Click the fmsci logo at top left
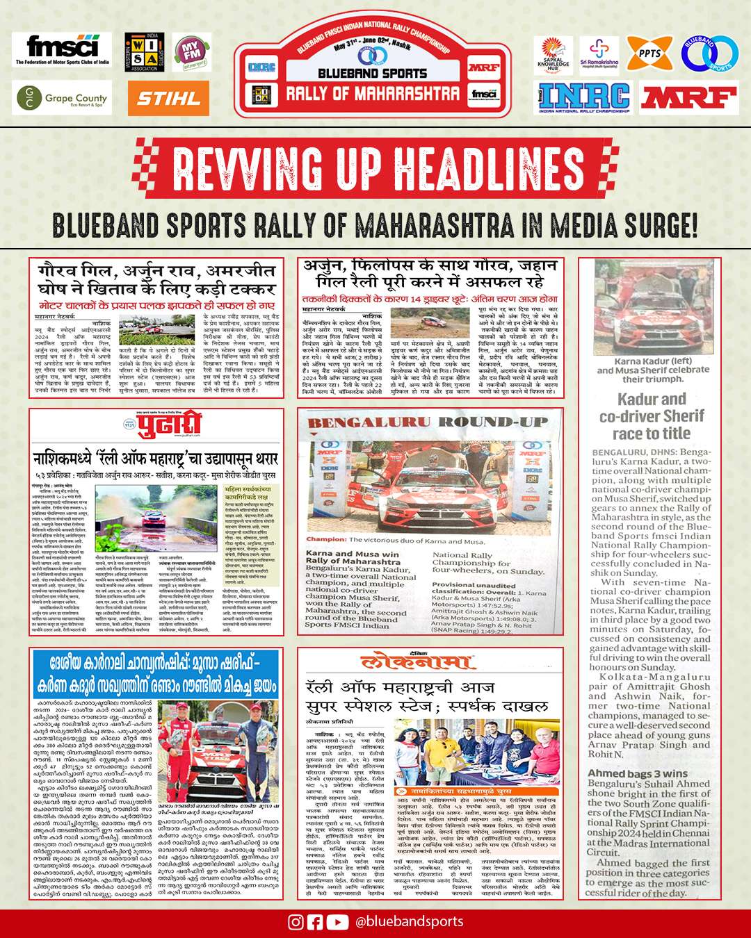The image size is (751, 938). click(62, 50)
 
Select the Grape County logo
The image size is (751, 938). click(62, 98)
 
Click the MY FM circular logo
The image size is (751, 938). click(191, 51)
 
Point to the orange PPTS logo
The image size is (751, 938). click(649, 54)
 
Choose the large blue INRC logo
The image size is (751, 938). click(583, 98)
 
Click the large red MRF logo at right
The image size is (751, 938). click(688, 98)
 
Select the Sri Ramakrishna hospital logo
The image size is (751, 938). click(599, 54)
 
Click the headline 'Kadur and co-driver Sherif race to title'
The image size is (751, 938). click(652, 415)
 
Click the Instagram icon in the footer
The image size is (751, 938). click(296, 922)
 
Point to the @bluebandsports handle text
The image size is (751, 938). click(409, 922)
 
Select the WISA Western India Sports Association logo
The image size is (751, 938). click(145, 52)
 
